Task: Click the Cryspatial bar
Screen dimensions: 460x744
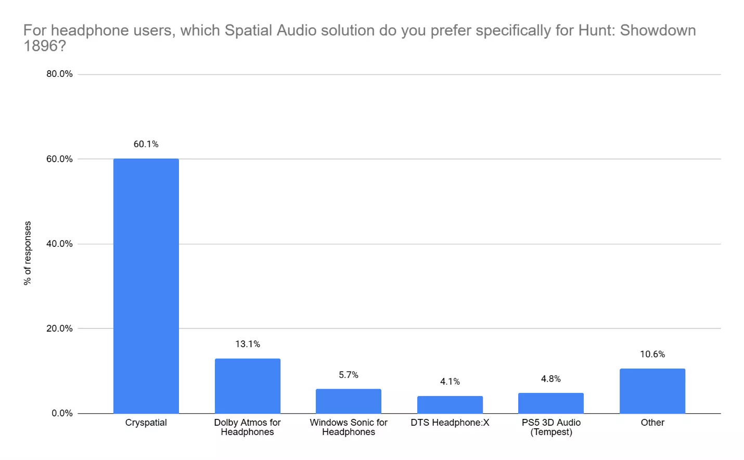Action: [146, 286]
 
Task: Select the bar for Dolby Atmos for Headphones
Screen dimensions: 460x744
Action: [247, 386]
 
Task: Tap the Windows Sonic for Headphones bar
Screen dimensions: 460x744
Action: [348, 401]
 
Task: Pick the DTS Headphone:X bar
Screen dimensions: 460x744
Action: [450, 404]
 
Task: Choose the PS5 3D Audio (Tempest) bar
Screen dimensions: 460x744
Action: [550, 403]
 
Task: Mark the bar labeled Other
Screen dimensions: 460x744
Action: [652, 391]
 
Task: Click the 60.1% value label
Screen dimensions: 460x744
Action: [146, 144]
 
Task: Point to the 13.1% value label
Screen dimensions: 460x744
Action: [247, 344]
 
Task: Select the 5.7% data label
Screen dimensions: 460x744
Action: [348, 375]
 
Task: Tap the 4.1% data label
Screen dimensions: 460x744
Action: [450, 382]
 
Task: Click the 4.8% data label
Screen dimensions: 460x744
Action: [550, 379]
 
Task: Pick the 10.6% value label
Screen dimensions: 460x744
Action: [652, 354]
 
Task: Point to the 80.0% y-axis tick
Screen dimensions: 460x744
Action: [59, 74]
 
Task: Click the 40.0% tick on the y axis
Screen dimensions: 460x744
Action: [59, 244]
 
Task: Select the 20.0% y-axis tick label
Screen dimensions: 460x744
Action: [59, 328]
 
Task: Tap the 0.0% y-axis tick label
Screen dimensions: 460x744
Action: [62, 413]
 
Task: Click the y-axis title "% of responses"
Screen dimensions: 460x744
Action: [28, 253]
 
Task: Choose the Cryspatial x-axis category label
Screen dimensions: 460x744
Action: [146, 423]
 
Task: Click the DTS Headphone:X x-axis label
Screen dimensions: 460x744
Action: [450, 423]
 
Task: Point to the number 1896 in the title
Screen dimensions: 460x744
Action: [40, 46]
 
